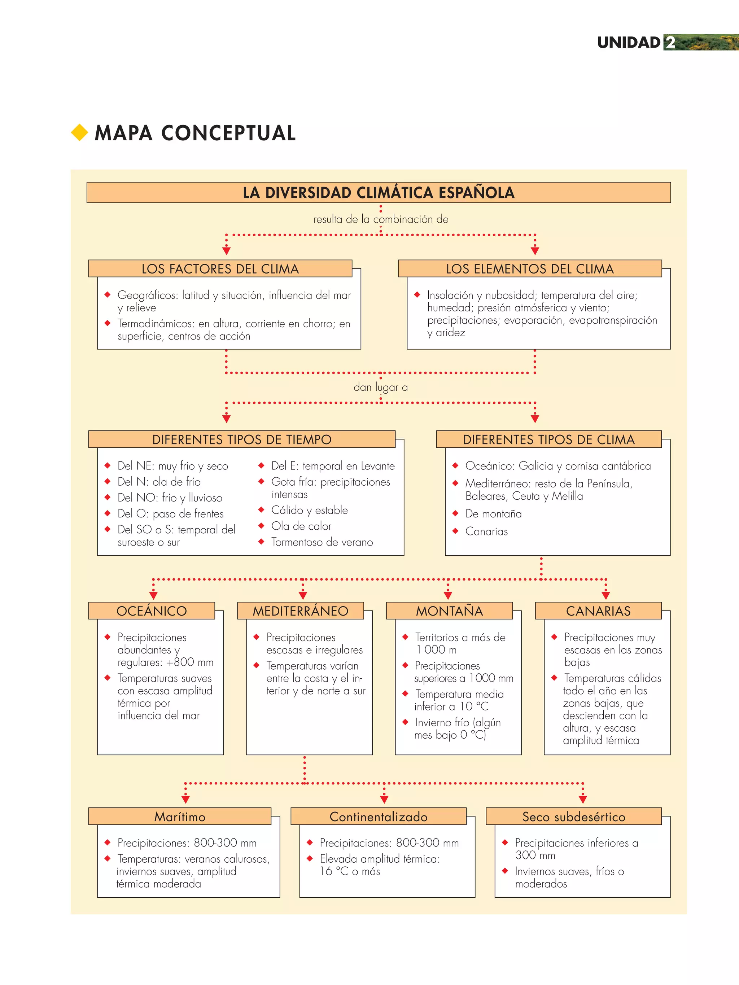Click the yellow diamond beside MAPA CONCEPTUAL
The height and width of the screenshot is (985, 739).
click(x=79, y=132)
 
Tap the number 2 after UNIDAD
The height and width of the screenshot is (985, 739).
click(x=669, y=43)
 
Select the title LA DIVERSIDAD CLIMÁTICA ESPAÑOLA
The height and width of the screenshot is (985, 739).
click(x=379, y=192)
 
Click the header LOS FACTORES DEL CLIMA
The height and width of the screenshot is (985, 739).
click(x=220, y=268)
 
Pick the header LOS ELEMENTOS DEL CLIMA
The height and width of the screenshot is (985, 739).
click(x=530, y=268)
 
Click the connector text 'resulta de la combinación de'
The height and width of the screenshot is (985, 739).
click(x=380, y=219)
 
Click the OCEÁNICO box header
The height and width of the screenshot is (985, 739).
click(x=152, y=610)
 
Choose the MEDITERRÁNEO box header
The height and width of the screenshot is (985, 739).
click(x=301, y=610)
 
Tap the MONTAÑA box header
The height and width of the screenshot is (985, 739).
click(x=450, y=610)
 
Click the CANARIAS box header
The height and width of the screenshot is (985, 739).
click(x=598, y=610)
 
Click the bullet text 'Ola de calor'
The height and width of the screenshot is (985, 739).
click(x=301, y=526)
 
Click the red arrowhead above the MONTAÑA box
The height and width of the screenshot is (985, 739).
click(x=448, y=595)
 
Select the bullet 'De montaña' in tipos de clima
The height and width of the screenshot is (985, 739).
click(x=493, y=513)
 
